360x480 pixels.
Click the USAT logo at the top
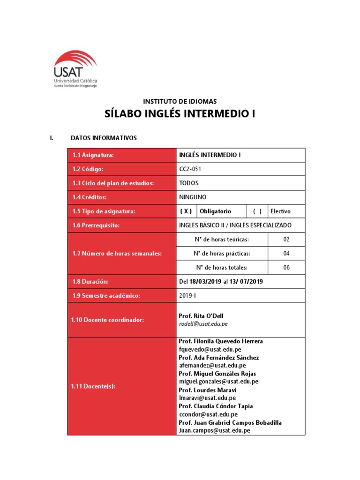pos(75,69)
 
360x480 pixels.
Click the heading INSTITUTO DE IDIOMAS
pos(180,101)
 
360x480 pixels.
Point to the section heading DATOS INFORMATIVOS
pos(103,138)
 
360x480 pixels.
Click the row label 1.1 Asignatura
pos(93,155)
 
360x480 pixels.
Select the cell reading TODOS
pos(189,183)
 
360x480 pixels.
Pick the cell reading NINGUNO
pos(193,197)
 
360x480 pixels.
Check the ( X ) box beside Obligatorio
pos(186,211)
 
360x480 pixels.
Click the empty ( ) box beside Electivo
pos(257,211)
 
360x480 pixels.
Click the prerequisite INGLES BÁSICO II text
pos(206,225)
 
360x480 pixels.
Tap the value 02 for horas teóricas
pos(286,240)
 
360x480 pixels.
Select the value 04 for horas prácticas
pos(286,254)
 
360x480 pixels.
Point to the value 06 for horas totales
pos(286,268)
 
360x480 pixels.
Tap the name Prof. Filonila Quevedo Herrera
pos(221,341)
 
